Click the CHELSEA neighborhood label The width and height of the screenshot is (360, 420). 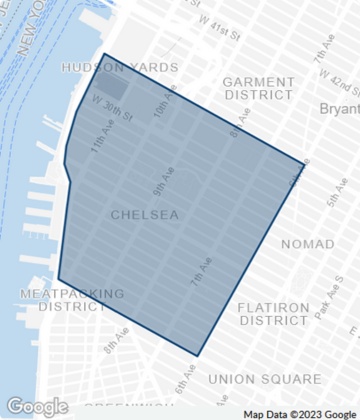(145, 215)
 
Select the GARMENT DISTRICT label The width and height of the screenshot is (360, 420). (259, 88)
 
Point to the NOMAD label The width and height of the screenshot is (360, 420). (308, 244)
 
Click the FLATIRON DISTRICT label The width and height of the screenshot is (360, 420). (274, 314)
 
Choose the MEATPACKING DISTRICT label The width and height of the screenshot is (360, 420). (73, 300)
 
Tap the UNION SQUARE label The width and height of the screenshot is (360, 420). (265, 379)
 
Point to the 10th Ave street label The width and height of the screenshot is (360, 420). (165, 103)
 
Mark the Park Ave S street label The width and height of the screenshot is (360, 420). (323, 306)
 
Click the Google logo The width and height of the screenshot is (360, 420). (37, 407)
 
